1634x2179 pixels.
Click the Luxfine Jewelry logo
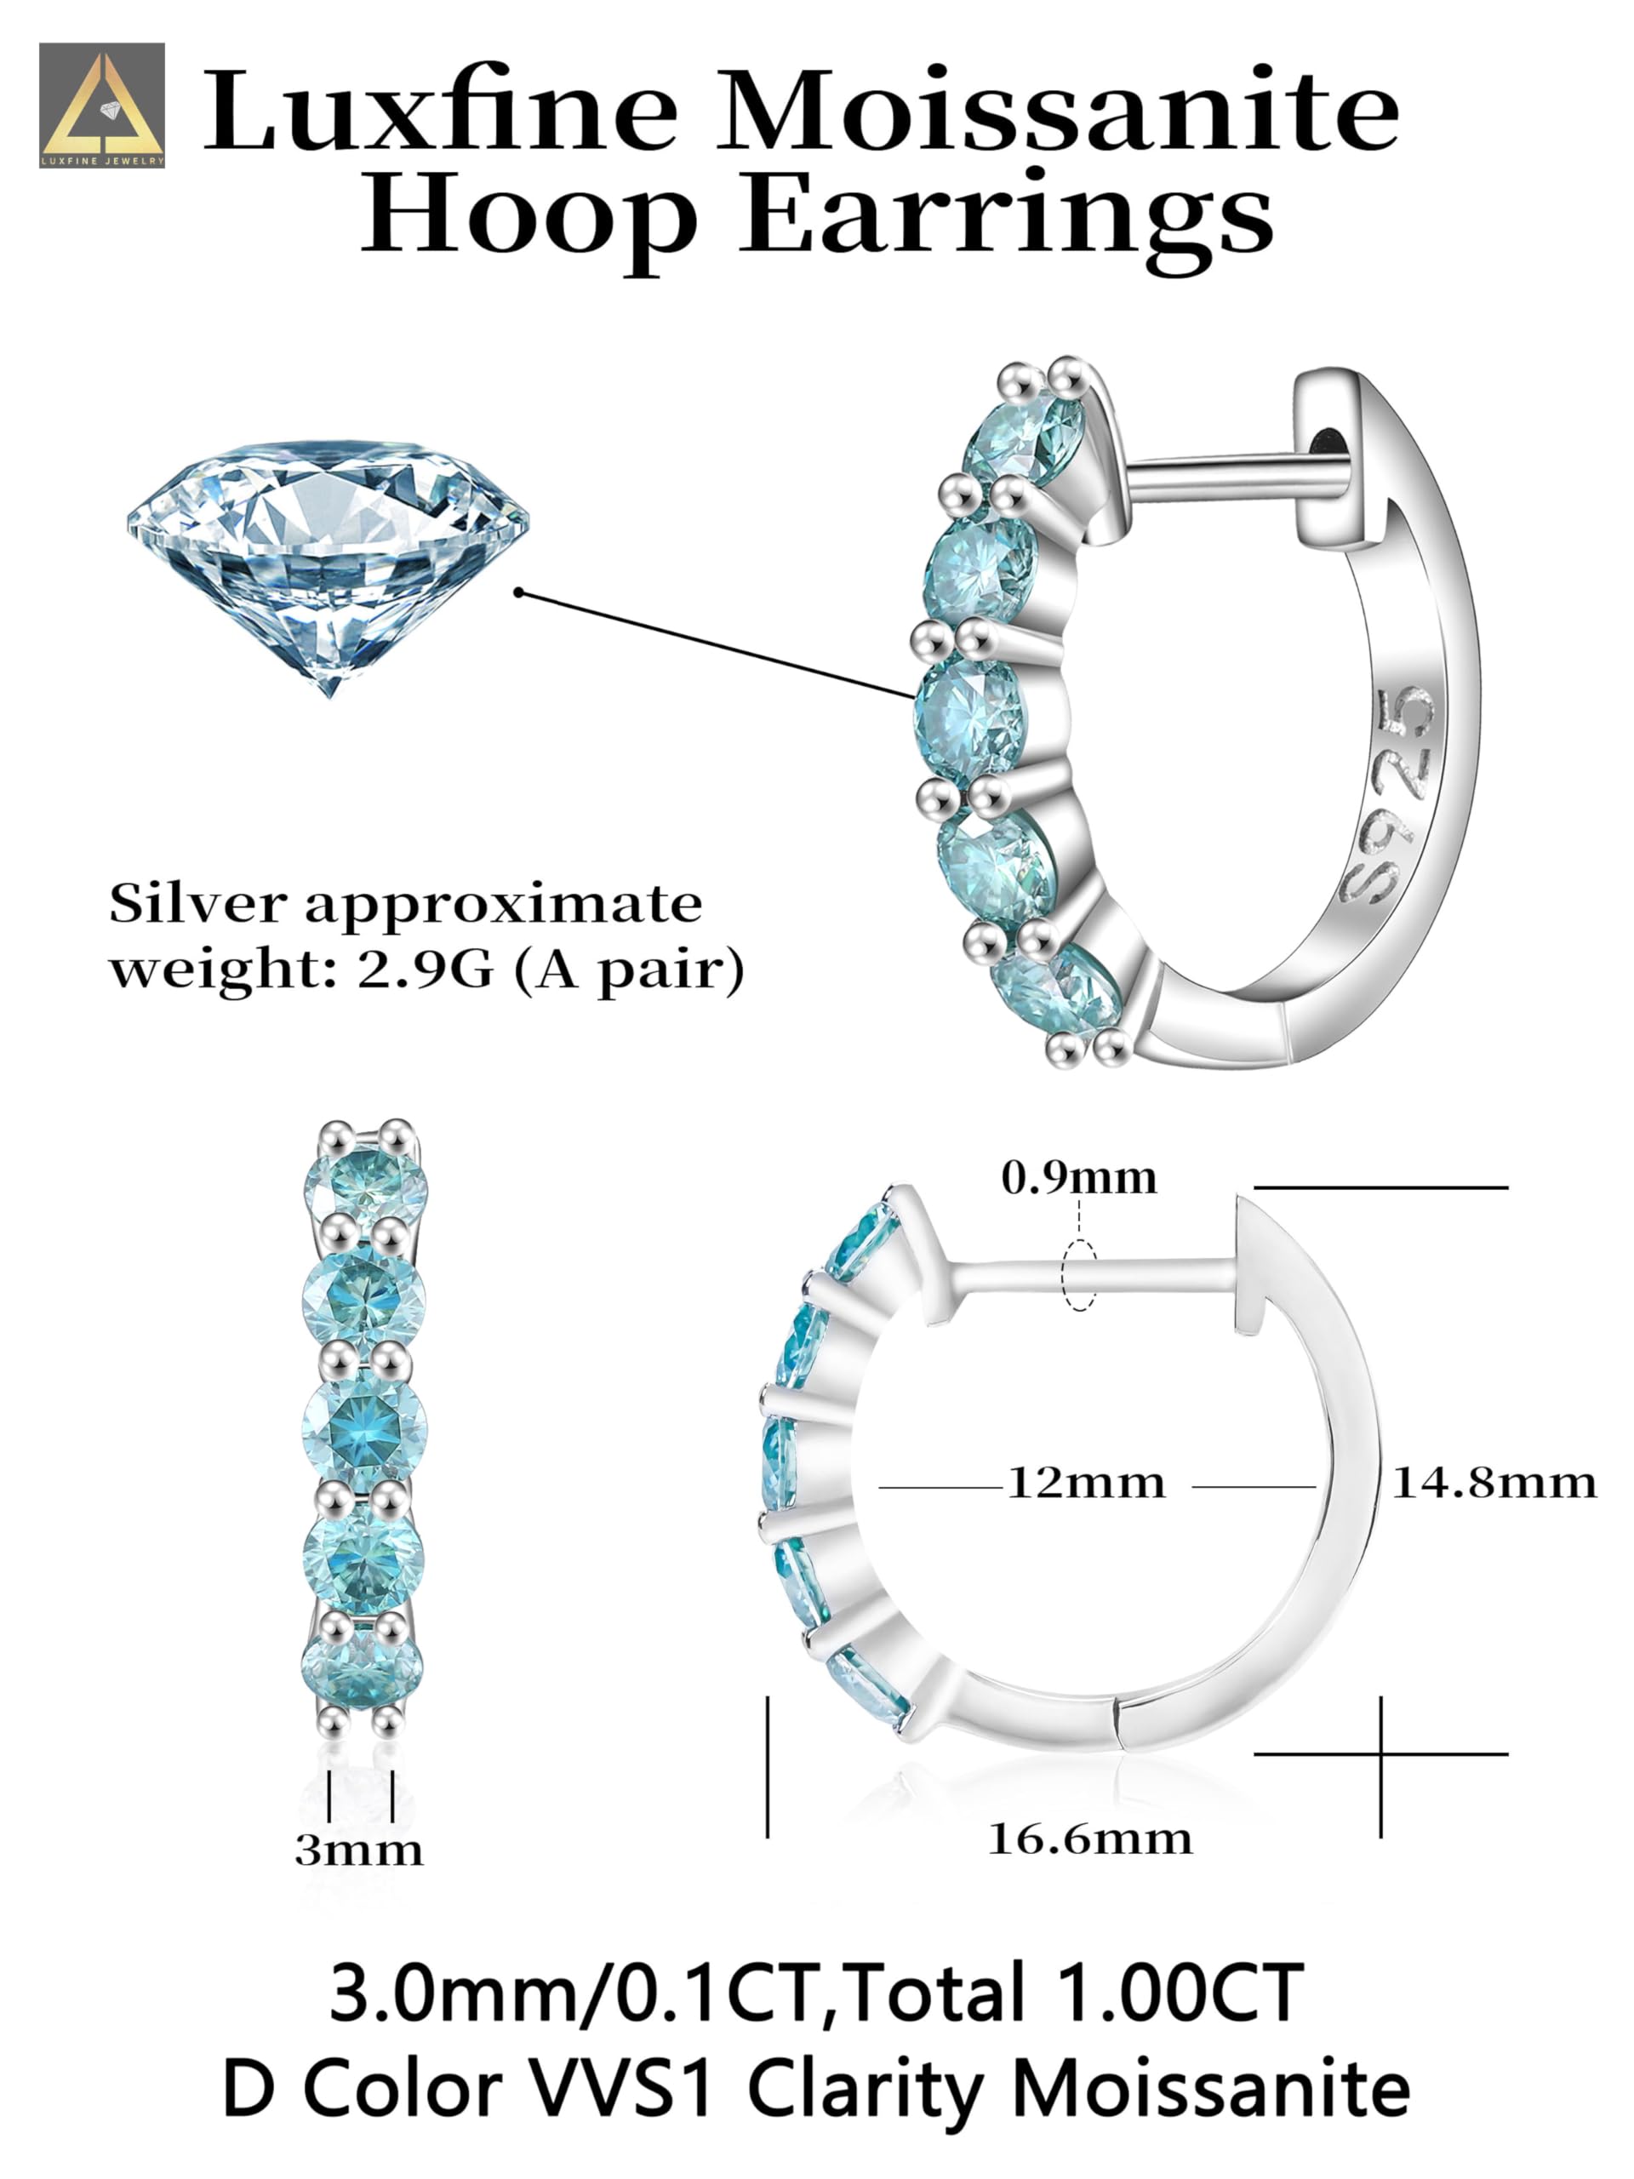tap(101, 106)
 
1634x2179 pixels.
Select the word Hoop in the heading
tap(528, 217)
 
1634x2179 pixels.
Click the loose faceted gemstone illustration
tap(328, 562)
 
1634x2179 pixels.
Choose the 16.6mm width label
tap(1089, 1839)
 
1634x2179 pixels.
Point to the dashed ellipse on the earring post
tap(1079, 1276)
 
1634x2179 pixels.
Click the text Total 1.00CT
tap(1073, 1993)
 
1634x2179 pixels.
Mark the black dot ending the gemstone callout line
tap(519, 592)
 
